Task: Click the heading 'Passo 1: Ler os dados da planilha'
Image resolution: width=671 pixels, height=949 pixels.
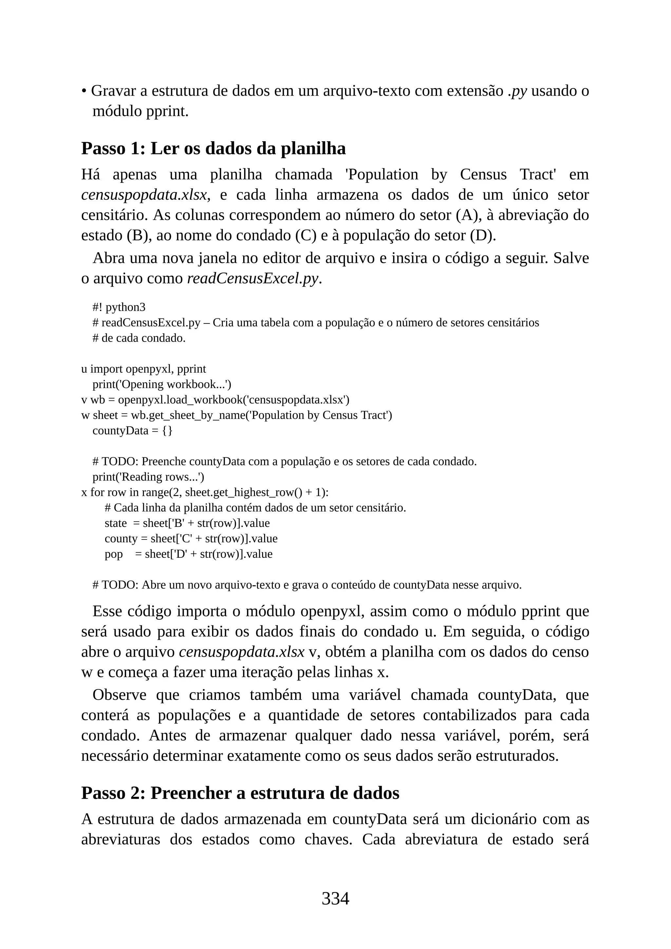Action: [213, 148]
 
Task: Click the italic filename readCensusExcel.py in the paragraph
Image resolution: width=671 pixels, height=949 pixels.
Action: [253, 279]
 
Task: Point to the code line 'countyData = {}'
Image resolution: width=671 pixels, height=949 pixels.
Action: [132, 430]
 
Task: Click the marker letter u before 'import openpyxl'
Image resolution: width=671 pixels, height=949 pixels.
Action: [84, 369]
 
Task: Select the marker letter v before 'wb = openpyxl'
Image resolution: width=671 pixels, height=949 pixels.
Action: [84, 400]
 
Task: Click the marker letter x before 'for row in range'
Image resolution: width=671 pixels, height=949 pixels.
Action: [84, 493]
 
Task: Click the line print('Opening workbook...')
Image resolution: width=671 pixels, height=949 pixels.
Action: [162, 384]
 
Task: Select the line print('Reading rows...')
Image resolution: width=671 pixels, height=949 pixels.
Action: [148, 477]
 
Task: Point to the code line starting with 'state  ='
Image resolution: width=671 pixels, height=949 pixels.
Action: [187, 523]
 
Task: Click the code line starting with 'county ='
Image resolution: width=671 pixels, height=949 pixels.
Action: [191, 539]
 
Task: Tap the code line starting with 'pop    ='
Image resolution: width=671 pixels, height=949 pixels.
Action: [188, 554]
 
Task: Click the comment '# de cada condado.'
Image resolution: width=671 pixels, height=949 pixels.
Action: [139, 338]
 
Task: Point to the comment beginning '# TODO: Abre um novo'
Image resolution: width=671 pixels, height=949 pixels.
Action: [307, 585]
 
